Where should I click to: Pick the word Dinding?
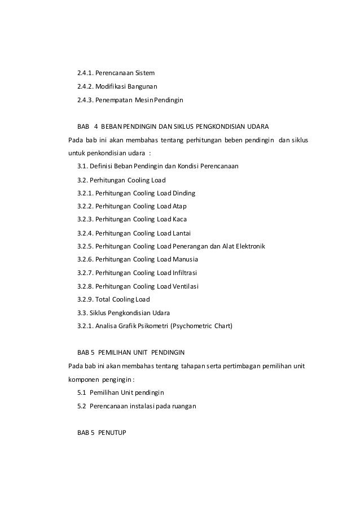(x=184, y=193)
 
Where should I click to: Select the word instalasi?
(x=148, y=406)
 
